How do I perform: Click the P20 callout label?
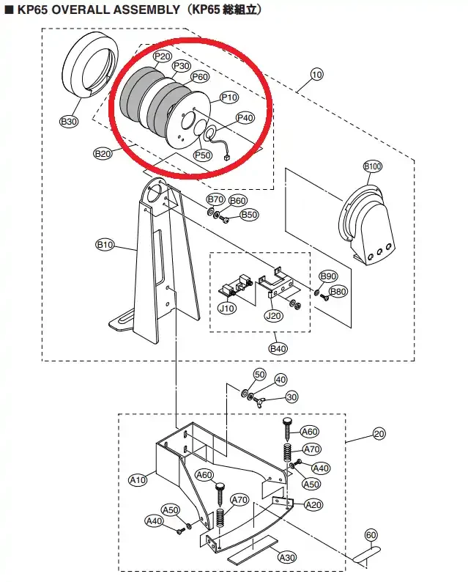coord(162,56)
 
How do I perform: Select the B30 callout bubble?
coord(69,122)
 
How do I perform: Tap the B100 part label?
coord(373,167)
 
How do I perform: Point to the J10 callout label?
coord(228,309)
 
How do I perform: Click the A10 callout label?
coord(138,480)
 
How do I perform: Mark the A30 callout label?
coord(287,557)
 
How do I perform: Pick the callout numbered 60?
coord(371,534)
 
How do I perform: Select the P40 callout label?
coord(245,118)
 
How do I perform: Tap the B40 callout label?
coord(278,348)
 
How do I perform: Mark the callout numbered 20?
coord(378,434)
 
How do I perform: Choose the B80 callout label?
coord(338,292)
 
